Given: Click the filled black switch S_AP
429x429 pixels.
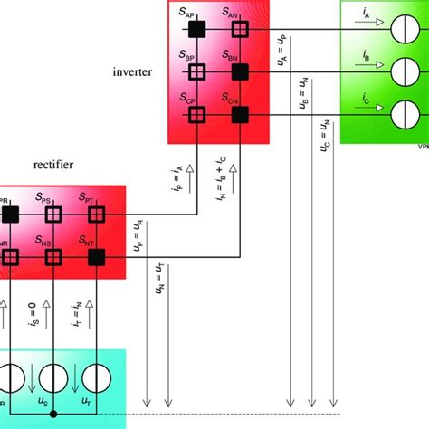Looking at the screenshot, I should point(195,29).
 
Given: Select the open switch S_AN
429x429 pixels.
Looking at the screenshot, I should point(239,29).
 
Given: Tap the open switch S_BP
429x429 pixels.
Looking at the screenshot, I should point(195,71).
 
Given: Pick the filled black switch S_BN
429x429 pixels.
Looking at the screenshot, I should point(239,71).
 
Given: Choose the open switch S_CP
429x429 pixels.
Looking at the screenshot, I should point(195,115).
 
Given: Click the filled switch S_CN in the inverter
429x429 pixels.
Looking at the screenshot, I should point(239,115).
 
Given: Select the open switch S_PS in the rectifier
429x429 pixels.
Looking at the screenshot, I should point(53,214).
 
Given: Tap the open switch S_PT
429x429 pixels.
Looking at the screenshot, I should point(97,214).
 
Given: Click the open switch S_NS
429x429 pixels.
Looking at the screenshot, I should point(53,258).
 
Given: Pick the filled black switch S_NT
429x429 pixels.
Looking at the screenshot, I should point(97,258).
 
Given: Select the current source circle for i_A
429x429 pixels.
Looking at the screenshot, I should point(398,29).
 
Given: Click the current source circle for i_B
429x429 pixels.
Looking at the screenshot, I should point(398,71).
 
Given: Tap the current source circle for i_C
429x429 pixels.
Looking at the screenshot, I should point(398,115).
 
